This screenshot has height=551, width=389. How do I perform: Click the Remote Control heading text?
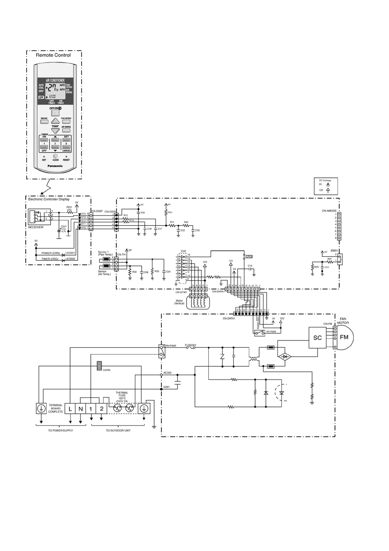[53, 55]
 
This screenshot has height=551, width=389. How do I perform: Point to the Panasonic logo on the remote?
[55, 166]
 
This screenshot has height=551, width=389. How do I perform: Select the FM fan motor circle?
[344, 337]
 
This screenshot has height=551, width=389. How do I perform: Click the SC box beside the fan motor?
[317, 338]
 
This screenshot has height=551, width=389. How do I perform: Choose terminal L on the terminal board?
[70, 409]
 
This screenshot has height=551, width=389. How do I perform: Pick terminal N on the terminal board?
[80, 409]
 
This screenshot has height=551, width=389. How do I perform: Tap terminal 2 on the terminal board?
[102, 409]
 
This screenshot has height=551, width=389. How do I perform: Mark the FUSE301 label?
[191, 345]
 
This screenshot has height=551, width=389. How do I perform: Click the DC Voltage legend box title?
[325, 180]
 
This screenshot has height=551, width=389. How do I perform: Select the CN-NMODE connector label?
[329, 211]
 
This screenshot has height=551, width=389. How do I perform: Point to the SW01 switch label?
[334, 251]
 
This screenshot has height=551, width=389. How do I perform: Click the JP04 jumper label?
[249, 257]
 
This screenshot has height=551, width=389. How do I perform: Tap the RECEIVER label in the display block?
[36, 227]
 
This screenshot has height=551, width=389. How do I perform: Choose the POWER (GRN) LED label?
[51, 253]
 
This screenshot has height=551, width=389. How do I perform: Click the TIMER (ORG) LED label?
[50, 259]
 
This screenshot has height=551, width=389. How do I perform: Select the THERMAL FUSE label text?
[122, 394]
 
